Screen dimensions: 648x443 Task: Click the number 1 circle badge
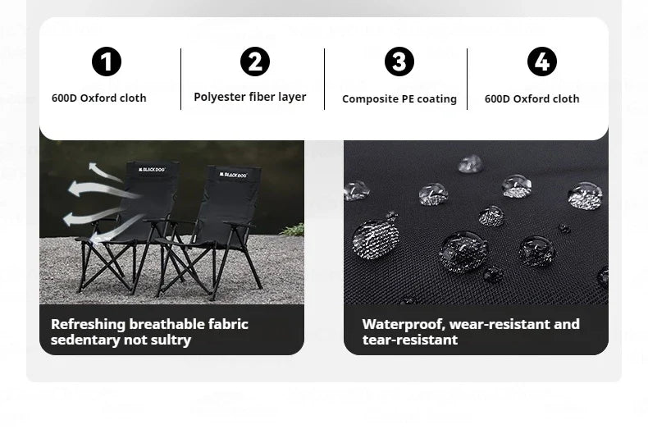[x=107, y=62]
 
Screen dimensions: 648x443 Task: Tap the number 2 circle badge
[x=255, y=62]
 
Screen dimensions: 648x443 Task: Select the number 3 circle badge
[x=399, y=62]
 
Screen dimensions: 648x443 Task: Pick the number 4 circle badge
[x=542, y=62]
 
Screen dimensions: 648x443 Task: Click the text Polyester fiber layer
[x=250, y=97]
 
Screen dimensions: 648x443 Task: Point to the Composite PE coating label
[x=399, y=99]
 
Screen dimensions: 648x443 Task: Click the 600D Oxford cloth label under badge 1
[x=98, y=98]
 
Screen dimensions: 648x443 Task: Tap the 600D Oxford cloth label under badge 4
[x=532, y=98]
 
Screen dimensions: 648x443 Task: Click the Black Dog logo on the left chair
[x=152, y=169]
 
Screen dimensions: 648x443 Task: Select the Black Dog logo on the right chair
[x=233, y=175]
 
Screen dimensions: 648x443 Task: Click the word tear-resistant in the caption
[x=410, y=340]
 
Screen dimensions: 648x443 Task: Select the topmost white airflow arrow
[x=103, y=171]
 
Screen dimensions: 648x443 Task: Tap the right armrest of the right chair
[x=240, y=225]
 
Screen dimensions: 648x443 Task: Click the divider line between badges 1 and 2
[x=181, y=79]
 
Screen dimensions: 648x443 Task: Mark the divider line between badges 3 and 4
[x=467, y=79]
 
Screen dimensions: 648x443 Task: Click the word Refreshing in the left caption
[x=88, y=324]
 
